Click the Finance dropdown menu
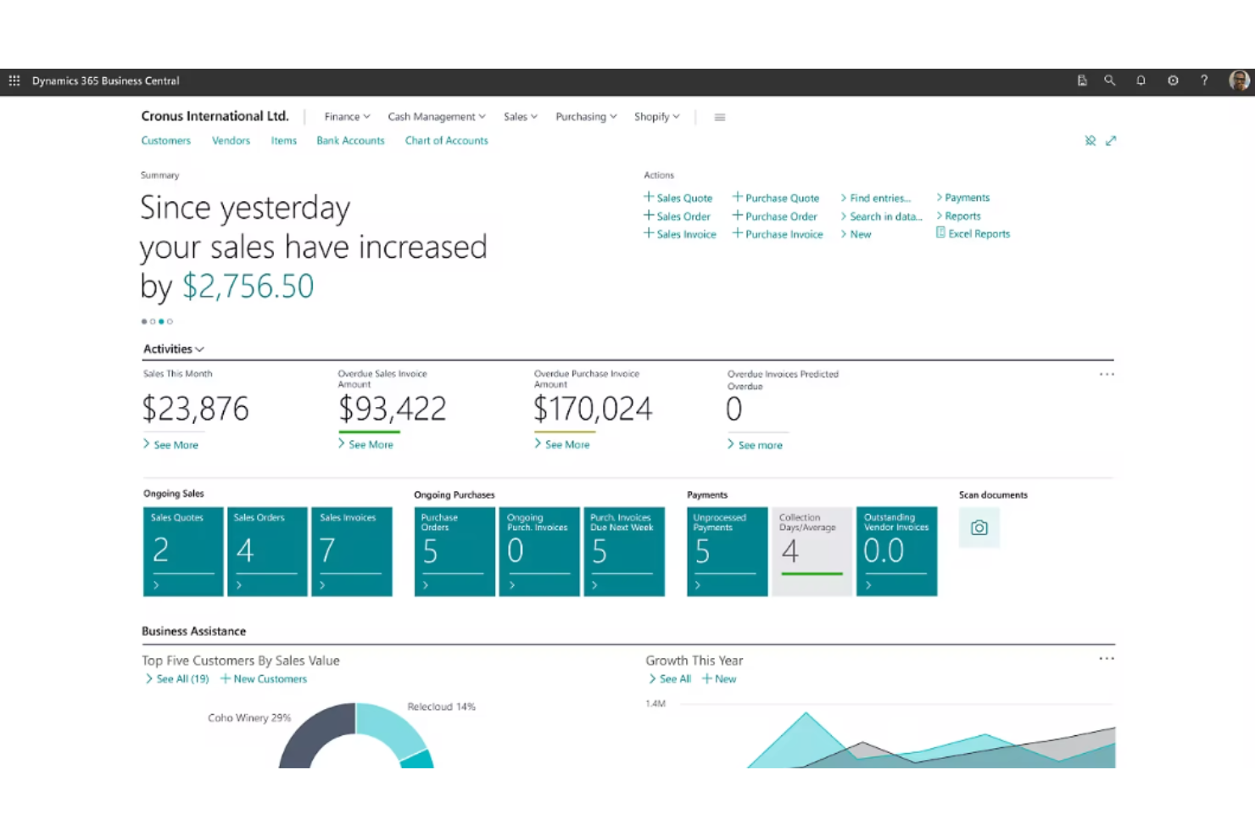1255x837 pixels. click(x=347, y=117)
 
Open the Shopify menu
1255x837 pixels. click(x=656, y=117)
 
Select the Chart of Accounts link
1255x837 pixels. click(x=446, y=141)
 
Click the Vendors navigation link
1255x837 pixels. click(x=231, y=141)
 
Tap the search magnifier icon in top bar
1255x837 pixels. click(x=1109, y=81)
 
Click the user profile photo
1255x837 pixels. click(x=1239, y=81)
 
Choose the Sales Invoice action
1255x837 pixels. click(x=685, y=235)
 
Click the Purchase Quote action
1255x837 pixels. click(x=781, y=198)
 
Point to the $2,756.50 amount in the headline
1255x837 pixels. click(x=248, y=287)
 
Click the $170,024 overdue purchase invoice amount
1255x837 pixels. click(x=593, y=410)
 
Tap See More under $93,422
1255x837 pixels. click(x=371, y=444)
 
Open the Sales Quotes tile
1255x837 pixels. click(x=183, y=551)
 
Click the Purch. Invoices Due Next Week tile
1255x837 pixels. click(x=623, y=551)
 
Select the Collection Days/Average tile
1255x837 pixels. click(x=812, y=551)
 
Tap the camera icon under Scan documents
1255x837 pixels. click(x=979, y=527)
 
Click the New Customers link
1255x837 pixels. click(x=270, y=679)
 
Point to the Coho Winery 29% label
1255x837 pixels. click(x=249, y=718)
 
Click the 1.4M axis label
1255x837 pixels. click(x=655, y=704)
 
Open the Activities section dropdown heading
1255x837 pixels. click(x=173, y=349)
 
